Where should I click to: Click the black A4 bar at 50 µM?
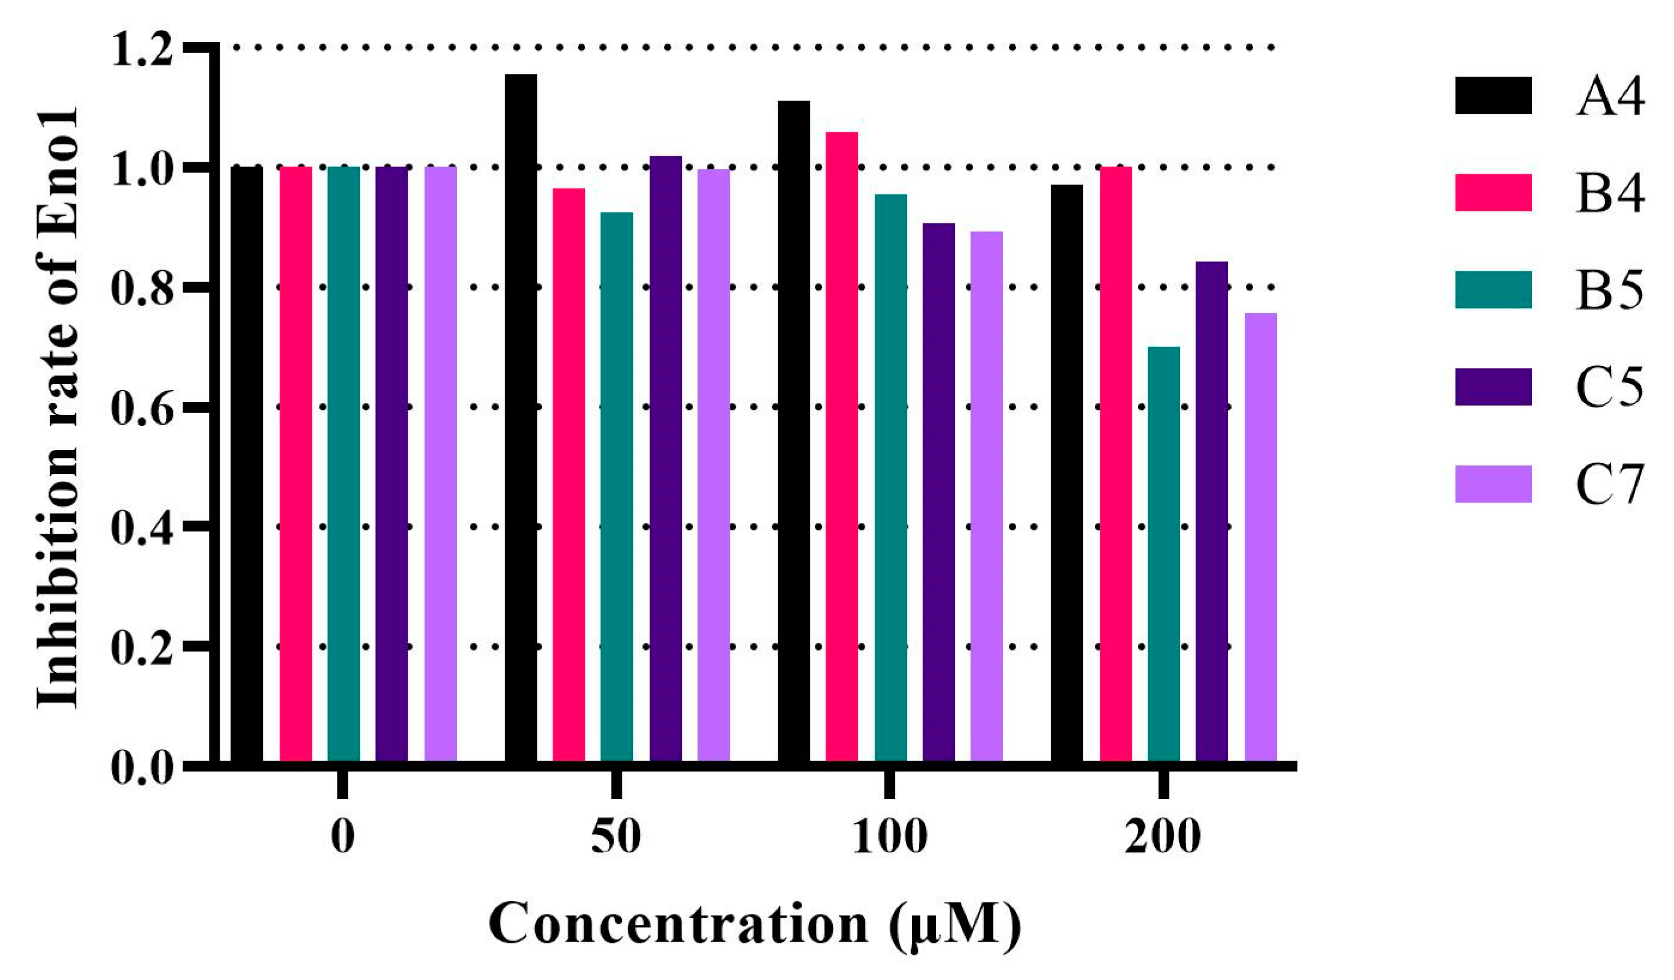[520, 419]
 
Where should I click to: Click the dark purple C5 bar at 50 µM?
[665, 458]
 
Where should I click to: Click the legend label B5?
[1609, 290]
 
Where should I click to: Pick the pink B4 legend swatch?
[1493, 193]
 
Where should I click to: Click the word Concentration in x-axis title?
[678, 924]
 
